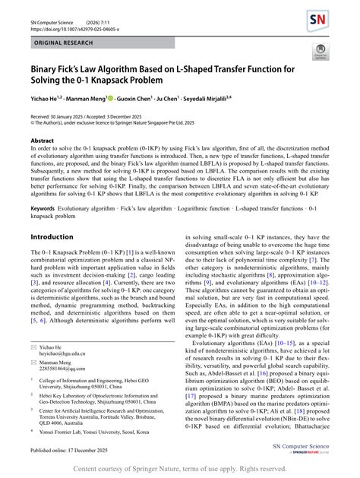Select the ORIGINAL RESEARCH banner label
point(67,44)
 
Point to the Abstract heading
point(42,141)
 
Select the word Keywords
point(42,207)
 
